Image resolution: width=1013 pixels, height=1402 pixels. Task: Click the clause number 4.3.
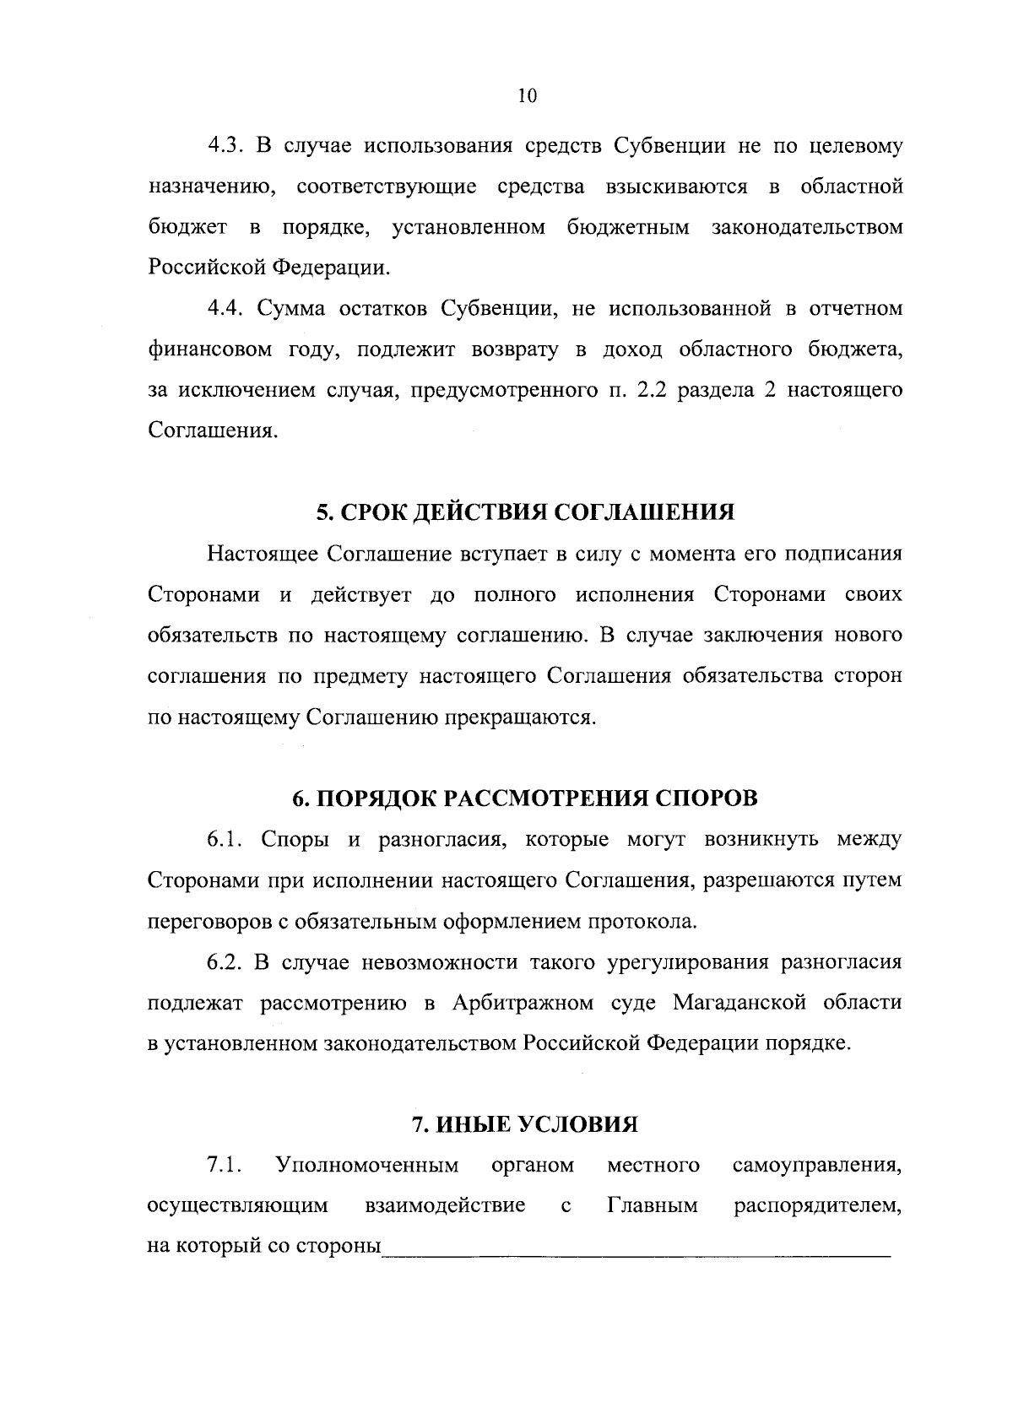(x=225, y=146)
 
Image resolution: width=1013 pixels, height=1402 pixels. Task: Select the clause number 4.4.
(x=225, y=309)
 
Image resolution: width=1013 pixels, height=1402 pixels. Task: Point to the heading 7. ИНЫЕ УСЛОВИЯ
(x=524, y=1124)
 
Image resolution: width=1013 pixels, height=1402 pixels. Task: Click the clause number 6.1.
(x=225, y=840)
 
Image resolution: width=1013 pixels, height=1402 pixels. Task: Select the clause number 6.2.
(x=225, y=962)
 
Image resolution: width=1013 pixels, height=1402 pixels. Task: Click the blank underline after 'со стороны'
(x=636, y=1248)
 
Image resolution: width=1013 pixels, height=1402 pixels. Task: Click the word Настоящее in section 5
(x=263, y=555)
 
